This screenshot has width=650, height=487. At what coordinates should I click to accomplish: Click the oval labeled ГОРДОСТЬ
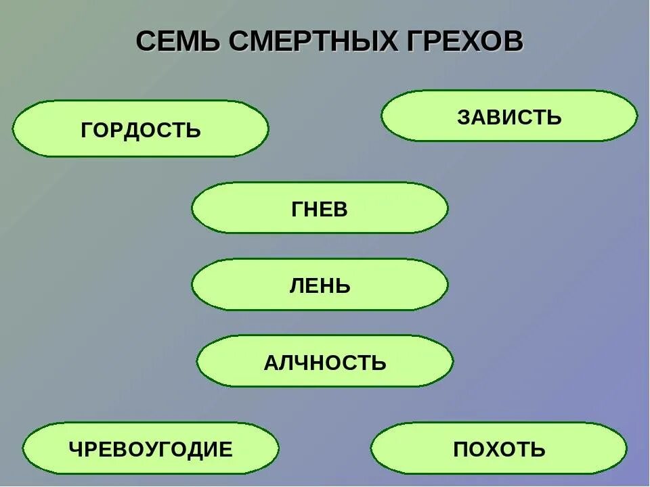pos(140,129)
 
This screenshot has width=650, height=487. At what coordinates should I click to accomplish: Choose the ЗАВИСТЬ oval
pos(509,116)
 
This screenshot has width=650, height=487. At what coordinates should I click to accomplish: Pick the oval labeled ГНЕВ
pos(320,208)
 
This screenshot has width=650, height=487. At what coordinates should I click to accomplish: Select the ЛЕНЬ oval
pos(320,285)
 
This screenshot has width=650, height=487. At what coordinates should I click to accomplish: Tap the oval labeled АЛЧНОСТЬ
pos(325,362)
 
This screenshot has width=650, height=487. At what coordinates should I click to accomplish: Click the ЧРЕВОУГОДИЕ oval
pos(150,448)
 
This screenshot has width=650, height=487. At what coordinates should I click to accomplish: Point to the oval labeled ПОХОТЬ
pos(499,448)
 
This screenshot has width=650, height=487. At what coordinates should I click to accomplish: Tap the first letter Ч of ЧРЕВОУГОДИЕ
pos(76,448)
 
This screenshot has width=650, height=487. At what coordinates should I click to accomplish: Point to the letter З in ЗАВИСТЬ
pos(464,117)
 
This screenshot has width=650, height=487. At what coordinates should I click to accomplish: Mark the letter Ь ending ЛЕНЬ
pos(344,285)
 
